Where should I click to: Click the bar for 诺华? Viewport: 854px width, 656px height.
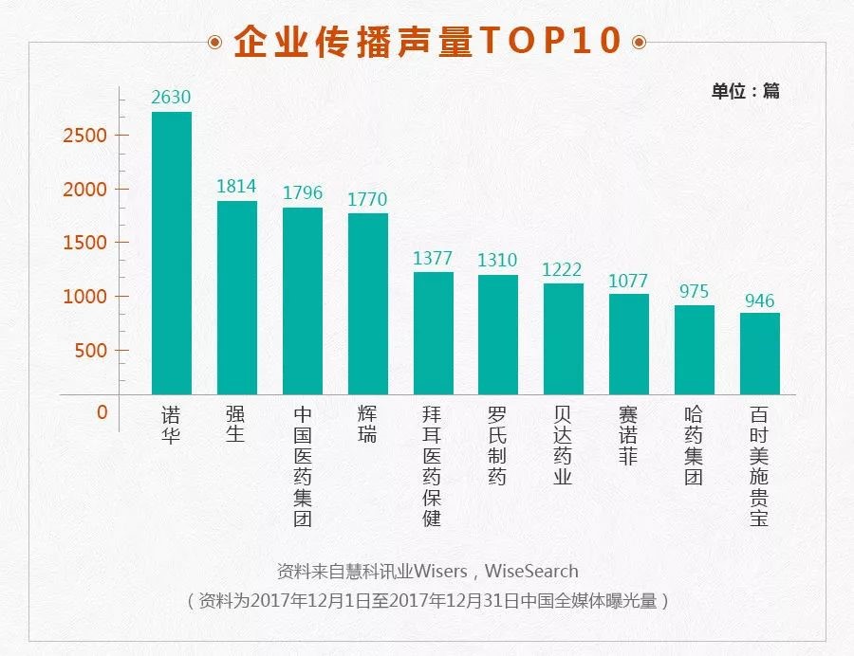(172, 253)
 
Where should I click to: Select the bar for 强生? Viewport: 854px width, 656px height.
(237, 298)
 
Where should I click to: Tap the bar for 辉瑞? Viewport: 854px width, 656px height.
(367, 303)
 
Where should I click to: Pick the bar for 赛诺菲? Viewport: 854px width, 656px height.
(629, 344)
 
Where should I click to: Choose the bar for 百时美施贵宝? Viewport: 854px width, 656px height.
(760, 354)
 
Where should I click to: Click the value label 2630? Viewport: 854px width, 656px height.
(172, 97)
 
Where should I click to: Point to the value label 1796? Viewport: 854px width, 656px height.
(303, 192)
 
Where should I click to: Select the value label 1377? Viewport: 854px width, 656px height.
(433, 258)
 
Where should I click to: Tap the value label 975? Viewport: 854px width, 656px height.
(694, 291)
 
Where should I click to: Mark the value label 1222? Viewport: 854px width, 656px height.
(563, 269)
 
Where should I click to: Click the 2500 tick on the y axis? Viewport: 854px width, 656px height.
(84, 136)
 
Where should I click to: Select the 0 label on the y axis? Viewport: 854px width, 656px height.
(102, 412)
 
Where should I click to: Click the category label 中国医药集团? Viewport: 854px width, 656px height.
(303, 466)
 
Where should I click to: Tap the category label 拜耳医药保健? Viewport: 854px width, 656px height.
(433, 466)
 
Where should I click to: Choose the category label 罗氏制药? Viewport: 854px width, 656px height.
(497, 446)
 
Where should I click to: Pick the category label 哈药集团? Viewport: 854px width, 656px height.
(694, 446)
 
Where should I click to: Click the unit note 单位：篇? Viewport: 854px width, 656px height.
(746, 91)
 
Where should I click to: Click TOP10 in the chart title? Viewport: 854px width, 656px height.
(550, 42)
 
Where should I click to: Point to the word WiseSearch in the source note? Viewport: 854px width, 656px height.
(531, 571)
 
